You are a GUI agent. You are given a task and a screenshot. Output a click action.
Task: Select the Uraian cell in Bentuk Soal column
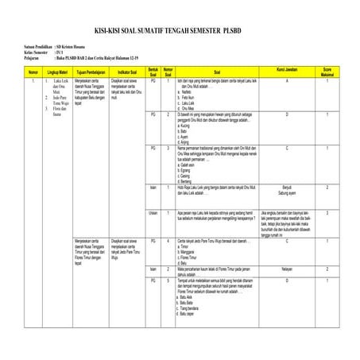pyautogui.click(x=153, y=213)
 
